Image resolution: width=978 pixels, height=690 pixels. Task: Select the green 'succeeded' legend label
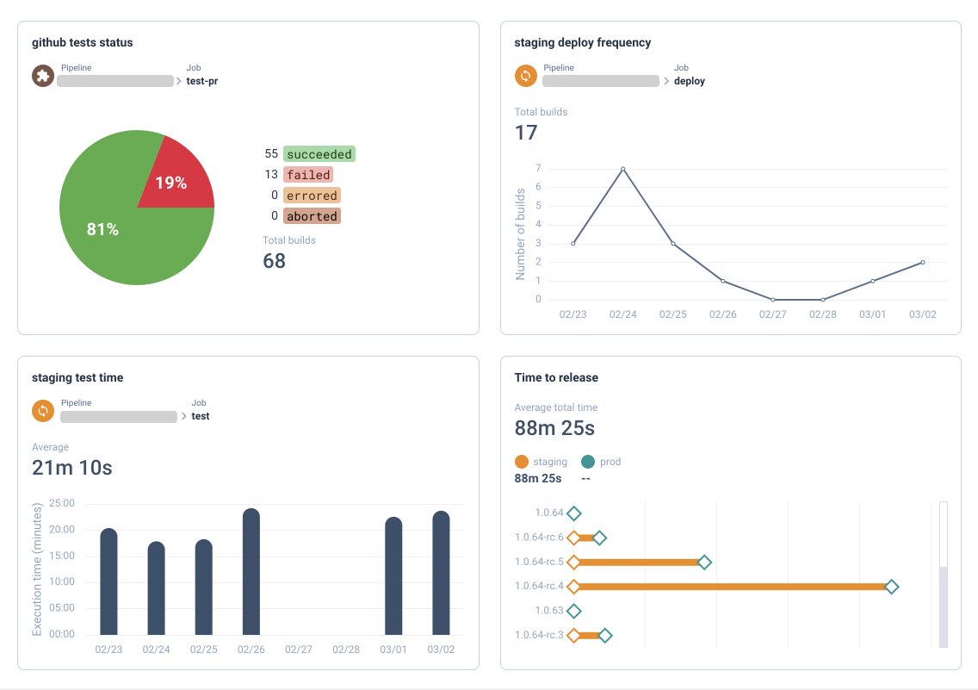pos(319,154)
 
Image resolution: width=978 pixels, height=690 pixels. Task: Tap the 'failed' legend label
pos(308,175)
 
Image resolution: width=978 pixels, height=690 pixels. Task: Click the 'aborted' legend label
pos(312,216)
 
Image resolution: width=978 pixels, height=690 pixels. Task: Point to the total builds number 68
pos(274,261)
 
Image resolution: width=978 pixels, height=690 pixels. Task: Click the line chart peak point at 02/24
pos(622,169)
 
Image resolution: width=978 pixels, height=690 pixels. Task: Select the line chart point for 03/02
pos(923,263)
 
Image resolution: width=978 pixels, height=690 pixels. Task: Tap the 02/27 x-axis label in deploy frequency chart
pos(772,315)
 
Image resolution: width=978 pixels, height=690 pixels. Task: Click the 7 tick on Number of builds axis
pos(537,169)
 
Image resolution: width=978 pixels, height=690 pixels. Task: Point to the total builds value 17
pos(526,133)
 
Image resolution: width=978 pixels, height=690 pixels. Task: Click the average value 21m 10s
pos(72,468)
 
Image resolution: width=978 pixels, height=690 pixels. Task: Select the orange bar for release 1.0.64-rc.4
pos(732,587)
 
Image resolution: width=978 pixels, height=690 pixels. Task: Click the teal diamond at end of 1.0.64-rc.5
pos(704,563)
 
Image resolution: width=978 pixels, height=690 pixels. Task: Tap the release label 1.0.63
pos(548,611)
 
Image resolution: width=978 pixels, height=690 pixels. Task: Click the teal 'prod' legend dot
pos(588,462)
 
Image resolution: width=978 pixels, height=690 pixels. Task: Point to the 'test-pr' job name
pos(201,82)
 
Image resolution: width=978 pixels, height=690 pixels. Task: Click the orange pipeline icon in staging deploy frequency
pos(525,76)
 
